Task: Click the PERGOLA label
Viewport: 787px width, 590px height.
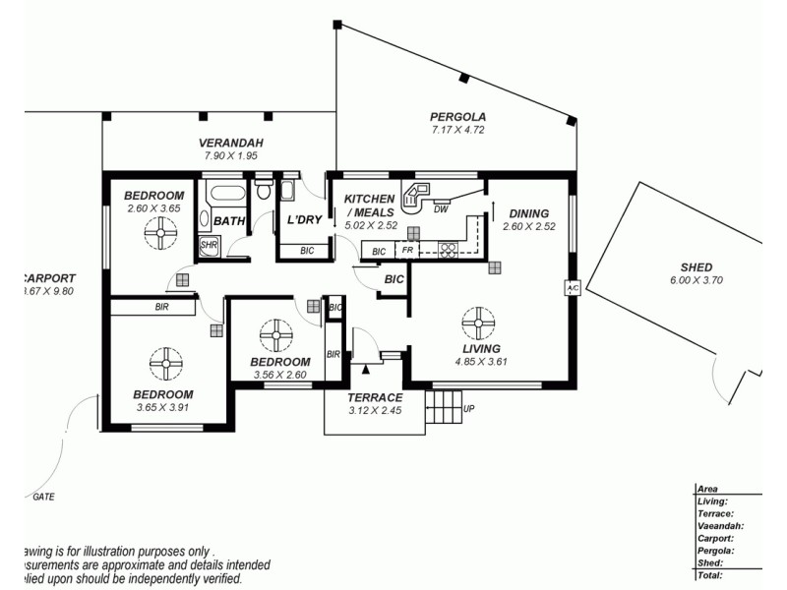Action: pos(457,116)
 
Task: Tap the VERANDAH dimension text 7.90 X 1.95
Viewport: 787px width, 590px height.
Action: pos(230,155)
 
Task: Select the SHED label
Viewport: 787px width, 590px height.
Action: pos(696,266)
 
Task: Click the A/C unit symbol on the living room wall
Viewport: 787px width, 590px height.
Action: pos(572,288)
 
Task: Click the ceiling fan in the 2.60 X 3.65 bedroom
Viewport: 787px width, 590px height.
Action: pos(157,234)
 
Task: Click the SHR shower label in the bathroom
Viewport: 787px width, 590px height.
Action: pos(209,245)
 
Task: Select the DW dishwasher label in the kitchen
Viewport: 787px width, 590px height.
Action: pos(441,208)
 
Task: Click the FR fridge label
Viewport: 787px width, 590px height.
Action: pos(406,252)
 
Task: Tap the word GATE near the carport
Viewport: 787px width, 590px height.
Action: pos(43,497)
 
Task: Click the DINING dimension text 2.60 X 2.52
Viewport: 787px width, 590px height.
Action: pos(525,226)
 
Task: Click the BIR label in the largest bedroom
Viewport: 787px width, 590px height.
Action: pos(162,307)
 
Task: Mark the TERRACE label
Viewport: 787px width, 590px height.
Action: pos(376,397)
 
